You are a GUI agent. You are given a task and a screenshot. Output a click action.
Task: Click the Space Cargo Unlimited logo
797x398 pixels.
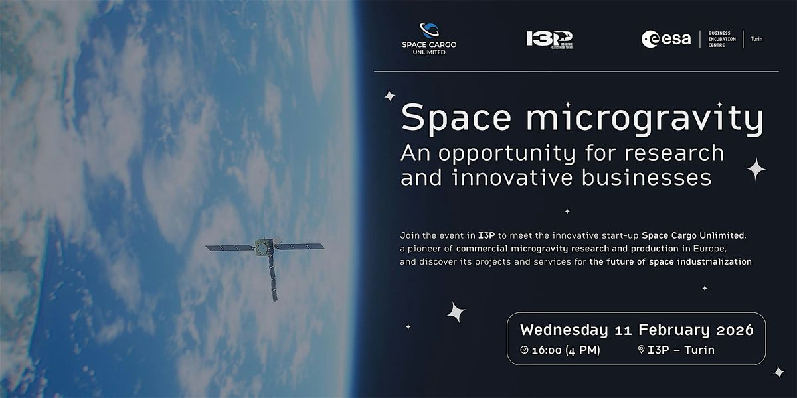point(429,39)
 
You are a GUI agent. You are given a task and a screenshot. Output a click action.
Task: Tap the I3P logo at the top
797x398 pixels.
point(549,39)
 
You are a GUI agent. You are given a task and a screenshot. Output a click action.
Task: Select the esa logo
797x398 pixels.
point(666,38)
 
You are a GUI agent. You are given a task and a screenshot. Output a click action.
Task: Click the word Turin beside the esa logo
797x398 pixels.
point(756,39)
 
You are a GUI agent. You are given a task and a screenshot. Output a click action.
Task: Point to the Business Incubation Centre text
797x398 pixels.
point(722,39)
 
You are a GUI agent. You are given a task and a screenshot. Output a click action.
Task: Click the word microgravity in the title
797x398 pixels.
point(645,119)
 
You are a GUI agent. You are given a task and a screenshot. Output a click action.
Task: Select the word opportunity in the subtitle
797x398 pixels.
point(507,154)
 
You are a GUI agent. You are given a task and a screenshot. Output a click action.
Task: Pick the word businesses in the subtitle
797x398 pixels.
point(646,177)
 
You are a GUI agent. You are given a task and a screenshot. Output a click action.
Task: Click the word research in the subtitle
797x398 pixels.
point(674,153)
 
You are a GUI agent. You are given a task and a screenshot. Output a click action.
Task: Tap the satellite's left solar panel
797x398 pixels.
point(230,247)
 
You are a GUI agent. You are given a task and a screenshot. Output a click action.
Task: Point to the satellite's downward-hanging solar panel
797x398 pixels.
point(273,278)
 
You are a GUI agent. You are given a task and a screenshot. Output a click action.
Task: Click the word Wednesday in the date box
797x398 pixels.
point(564,330)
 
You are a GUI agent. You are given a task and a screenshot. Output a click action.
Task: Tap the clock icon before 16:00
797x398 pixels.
point(524,350)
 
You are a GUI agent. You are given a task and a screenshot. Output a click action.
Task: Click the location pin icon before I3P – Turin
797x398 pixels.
point(641,350)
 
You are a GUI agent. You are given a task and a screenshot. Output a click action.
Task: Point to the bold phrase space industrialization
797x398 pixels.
point(700,262)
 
